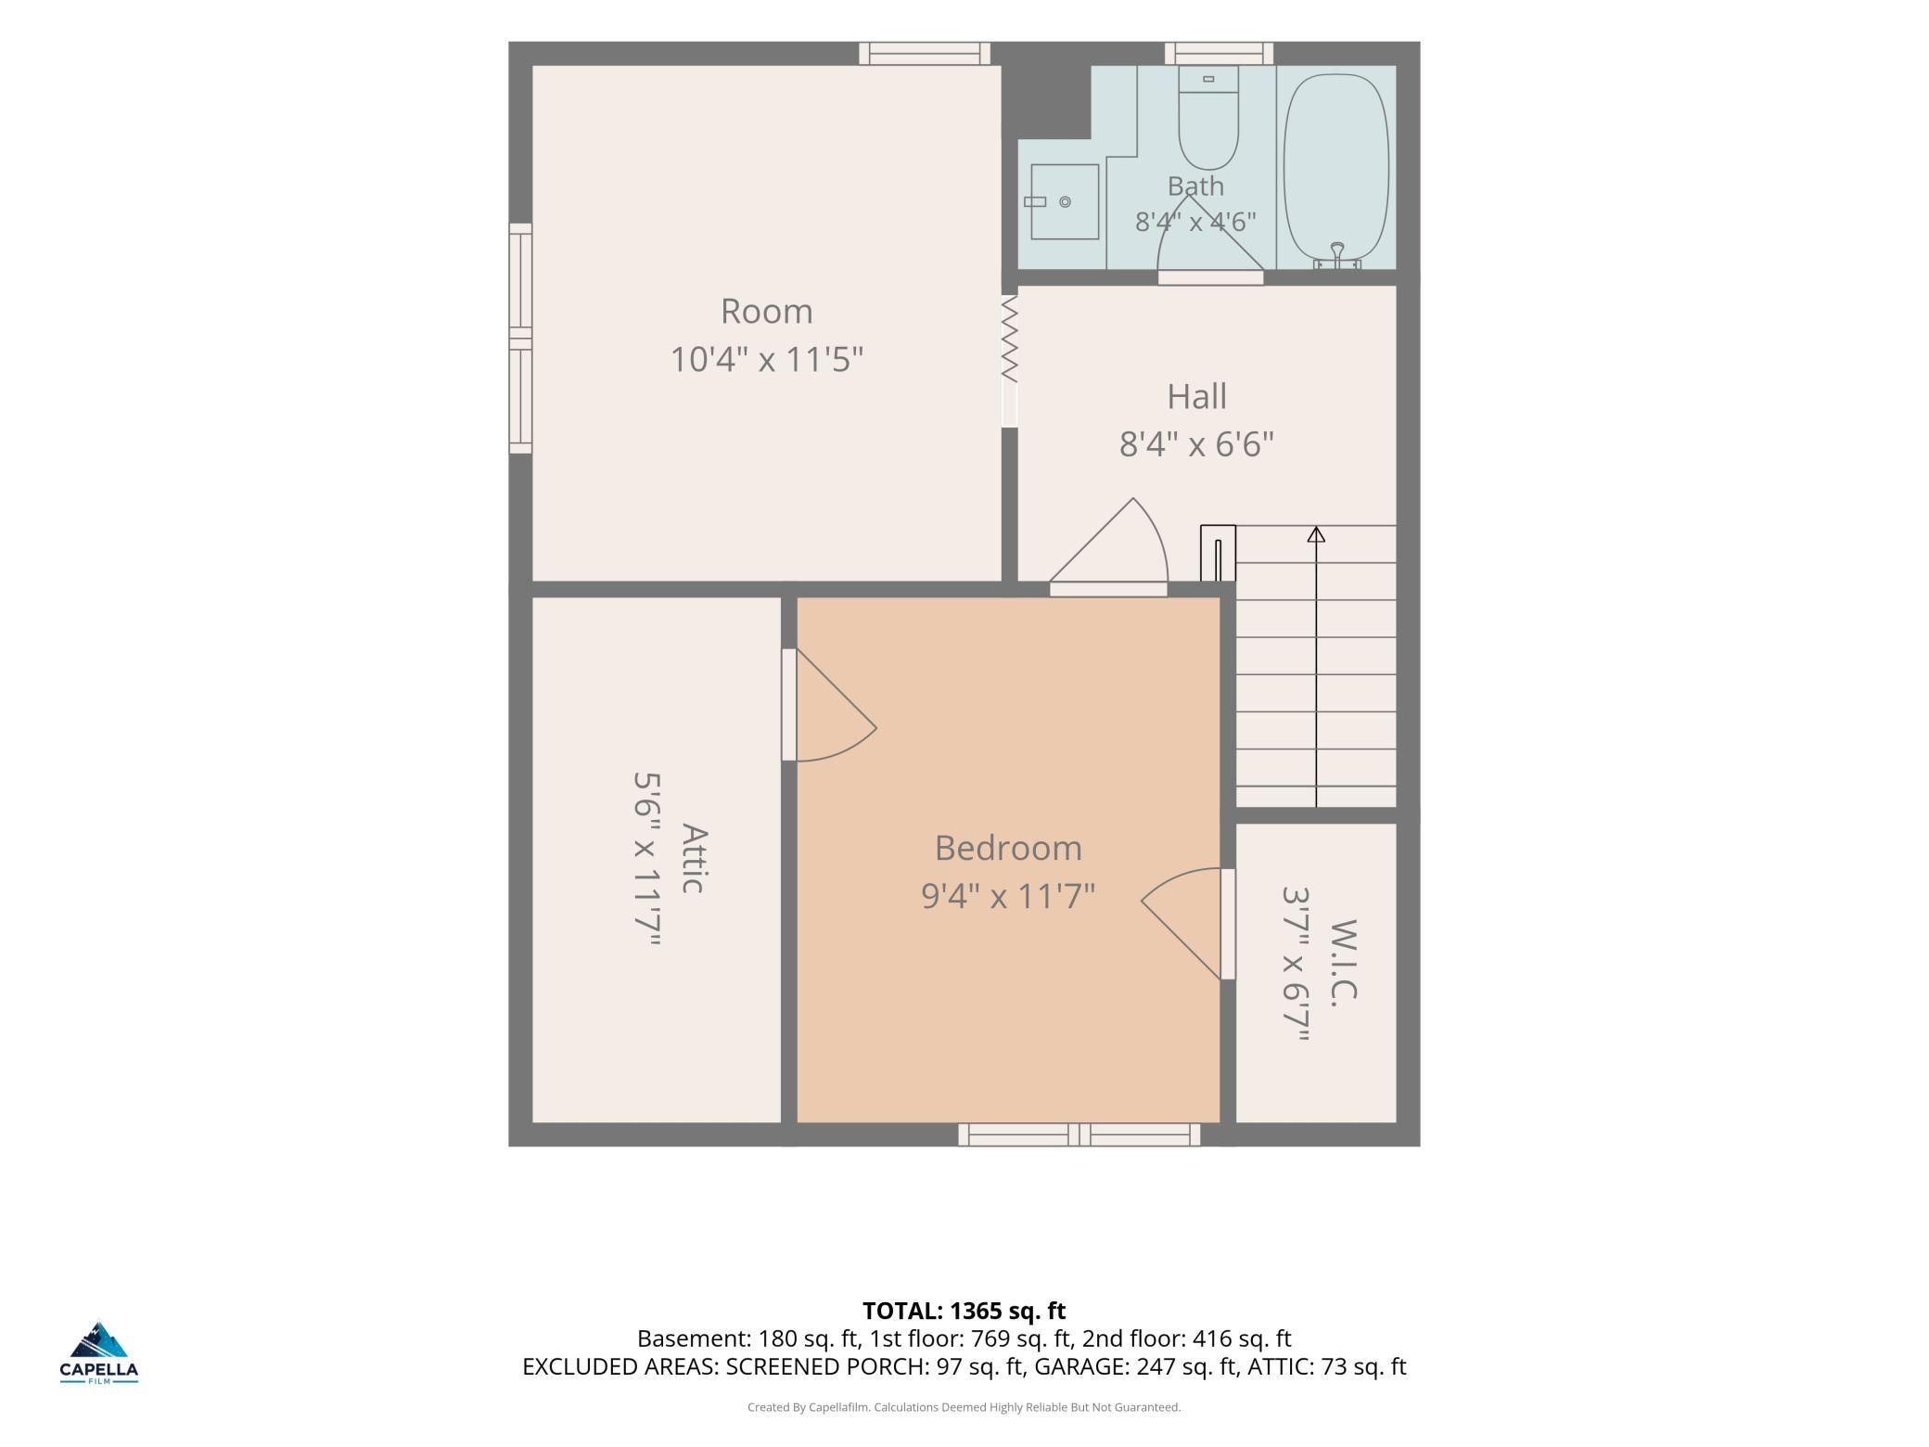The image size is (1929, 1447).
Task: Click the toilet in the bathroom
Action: [x=1208, y=118]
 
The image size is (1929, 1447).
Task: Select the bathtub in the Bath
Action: [x=1336, y=168]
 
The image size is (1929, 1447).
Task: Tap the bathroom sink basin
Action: [x=1065, y=201]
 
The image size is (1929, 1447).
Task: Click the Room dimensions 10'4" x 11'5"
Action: [x=767, y=359]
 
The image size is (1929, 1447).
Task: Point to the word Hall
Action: [x=1196, y=396]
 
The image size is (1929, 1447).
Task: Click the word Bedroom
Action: [x=1008, y=848]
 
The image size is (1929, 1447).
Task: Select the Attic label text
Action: [x=695, y=858]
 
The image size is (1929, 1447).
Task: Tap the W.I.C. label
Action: [x=1344, y=960]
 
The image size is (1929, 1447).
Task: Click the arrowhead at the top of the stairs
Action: [x=1316, y=534]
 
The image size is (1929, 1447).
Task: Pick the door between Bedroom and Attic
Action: [x=828, y=705]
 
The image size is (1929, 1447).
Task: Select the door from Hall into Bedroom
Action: [x=1108, y=547]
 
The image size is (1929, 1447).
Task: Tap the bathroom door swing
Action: [x=1210, y=238]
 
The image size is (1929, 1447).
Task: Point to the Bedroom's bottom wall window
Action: [x=1079, y=1134]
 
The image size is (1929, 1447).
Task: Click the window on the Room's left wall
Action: [x=520, y=339]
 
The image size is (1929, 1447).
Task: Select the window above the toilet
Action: [x=1219, y=54]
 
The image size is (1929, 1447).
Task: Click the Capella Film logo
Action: [x=99, y=1351]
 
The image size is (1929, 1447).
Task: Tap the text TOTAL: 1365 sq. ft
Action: [x=964, y=1311]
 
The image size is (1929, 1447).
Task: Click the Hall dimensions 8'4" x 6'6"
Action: [x=1196, y=444]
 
